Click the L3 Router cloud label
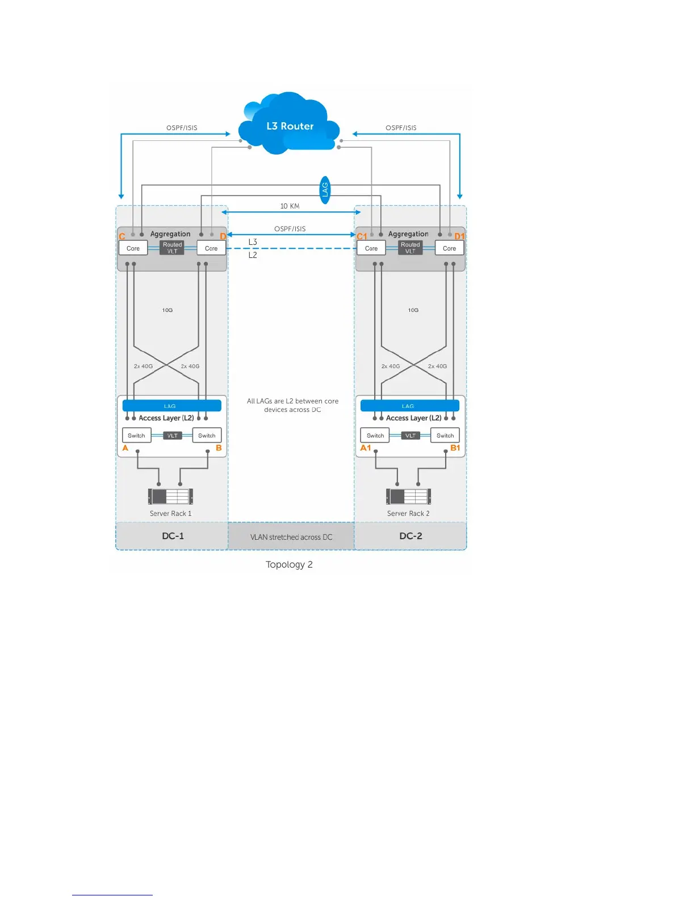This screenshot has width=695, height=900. click(x=290, y=126)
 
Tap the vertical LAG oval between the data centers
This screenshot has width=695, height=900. click(x=325, y=189)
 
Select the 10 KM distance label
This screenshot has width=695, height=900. click(x=290, y=206)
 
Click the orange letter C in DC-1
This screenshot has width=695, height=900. click(x=122, y=236)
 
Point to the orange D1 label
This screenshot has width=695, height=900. click(x=459, y=236)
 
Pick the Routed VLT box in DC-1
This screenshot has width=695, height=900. click(x=172, y=248)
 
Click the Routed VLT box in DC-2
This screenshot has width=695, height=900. click(x=410, y=248)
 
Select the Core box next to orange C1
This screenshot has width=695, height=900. click(x=371, y=248)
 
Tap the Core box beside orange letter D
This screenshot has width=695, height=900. click(x=211, y=248)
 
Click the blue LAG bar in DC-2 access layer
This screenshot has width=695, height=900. click(x=409, y=406)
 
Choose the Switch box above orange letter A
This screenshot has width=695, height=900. click(x=136, y=436)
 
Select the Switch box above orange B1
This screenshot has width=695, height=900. click(x=445, y=436)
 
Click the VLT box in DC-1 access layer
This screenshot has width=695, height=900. click(x=172, y=436)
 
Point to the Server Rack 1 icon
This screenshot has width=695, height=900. click(x=170, y=496)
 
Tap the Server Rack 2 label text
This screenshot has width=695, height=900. click(x=408, y=514)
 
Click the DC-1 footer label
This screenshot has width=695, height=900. click(x=173, y=536)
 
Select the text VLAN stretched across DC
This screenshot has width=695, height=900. click(x=291, y=537)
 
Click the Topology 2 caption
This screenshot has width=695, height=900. click(x=289, y=564)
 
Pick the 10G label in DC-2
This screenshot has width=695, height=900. click(x=413, y=310)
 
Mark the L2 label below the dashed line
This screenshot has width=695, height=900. click(x=253, y=255)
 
